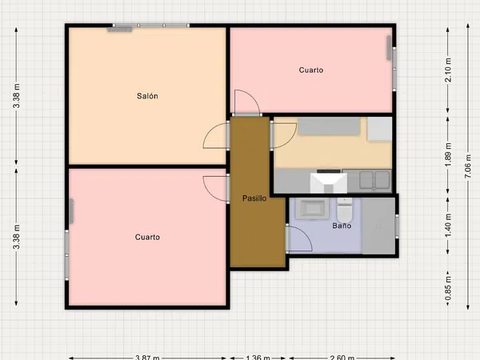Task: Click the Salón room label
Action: (x=147, y=96)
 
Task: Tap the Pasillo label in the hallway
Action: (x=254, y=198)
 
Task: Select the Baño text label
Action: (x=342, y=226)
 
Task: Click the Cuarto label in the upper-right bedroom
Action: (x=311, y=70)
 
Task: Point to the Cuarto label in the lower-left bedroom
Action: (x=147, y=238)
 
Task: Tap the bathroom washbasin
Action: (x=312, y=209)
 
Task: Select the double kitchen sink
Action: (x=374, y=180)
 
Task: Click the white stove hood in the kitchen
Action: (x=329, y=182)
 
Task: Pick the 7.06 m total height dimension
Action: (x=468, y=167)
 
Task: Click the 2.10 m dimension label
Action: (x=448, y=70)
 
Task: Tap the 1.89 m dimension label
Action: (x=448, y=155)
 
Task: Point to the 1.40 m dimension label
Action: (x=448, y=226)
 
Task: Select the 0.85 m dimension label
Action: (x=448, y=288)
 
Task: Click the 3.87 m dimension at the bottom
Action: (x=147, y=358)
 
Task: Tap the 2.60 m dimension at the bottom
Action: (x=342, y=358)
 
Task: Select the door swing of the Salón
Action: (x=210, y=132)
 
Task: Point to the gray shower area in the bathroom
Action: (x=378, y=226)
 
